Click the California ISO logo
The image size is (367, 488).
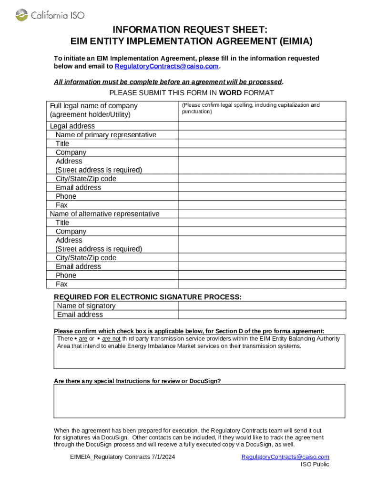pyautogui.click(x=50, y=15)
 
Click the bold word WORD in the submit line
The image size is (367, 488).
pyautogui.click(x=230, y=92)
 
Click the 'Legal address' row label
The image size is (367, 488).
pyautogui.click(x=72, y=126)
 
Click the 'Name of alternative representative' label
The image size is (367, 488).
pyautogui.click(x=104, y=214)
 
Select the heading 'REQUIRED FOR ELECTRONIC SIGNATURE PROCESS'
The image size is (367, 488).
pyautogui.click(x=148, y=297)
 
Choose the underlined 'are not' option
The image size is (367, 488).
pyautogui.click(x=111, y=339)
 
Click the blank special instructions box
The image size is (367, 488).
pyautogui.click(x=199, y=401)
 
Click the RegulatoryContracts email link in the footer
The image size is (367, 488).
pyautogui.click(x=285, y=457)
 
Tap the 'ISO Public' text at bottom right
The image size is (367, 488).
pyautogui.click(x=315, y=465)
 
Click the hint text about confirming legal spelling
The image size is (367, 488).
pyautogui.click(x=250, y=108)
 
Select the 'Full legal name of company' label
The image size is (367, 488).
pyautogui.click(x=93, y=106)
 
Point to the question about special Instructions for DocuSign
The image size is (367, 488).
pyautogui.click(x=137, y=381)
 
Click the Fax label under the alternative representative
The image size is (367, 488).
pyautogui.click(x=61, y=284)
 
